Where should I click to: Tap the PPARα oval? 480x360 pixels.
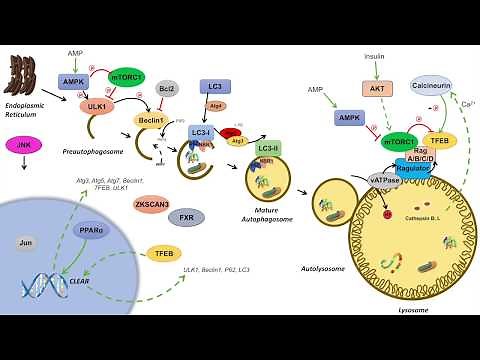92,229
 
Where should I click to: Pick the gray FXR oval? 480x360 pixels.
185,216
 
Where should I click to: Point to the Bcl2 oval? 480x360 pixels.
166,90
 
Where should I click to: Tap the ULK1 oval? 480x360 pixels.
97,106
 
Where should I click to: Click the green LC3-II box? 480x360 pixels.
268,148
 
